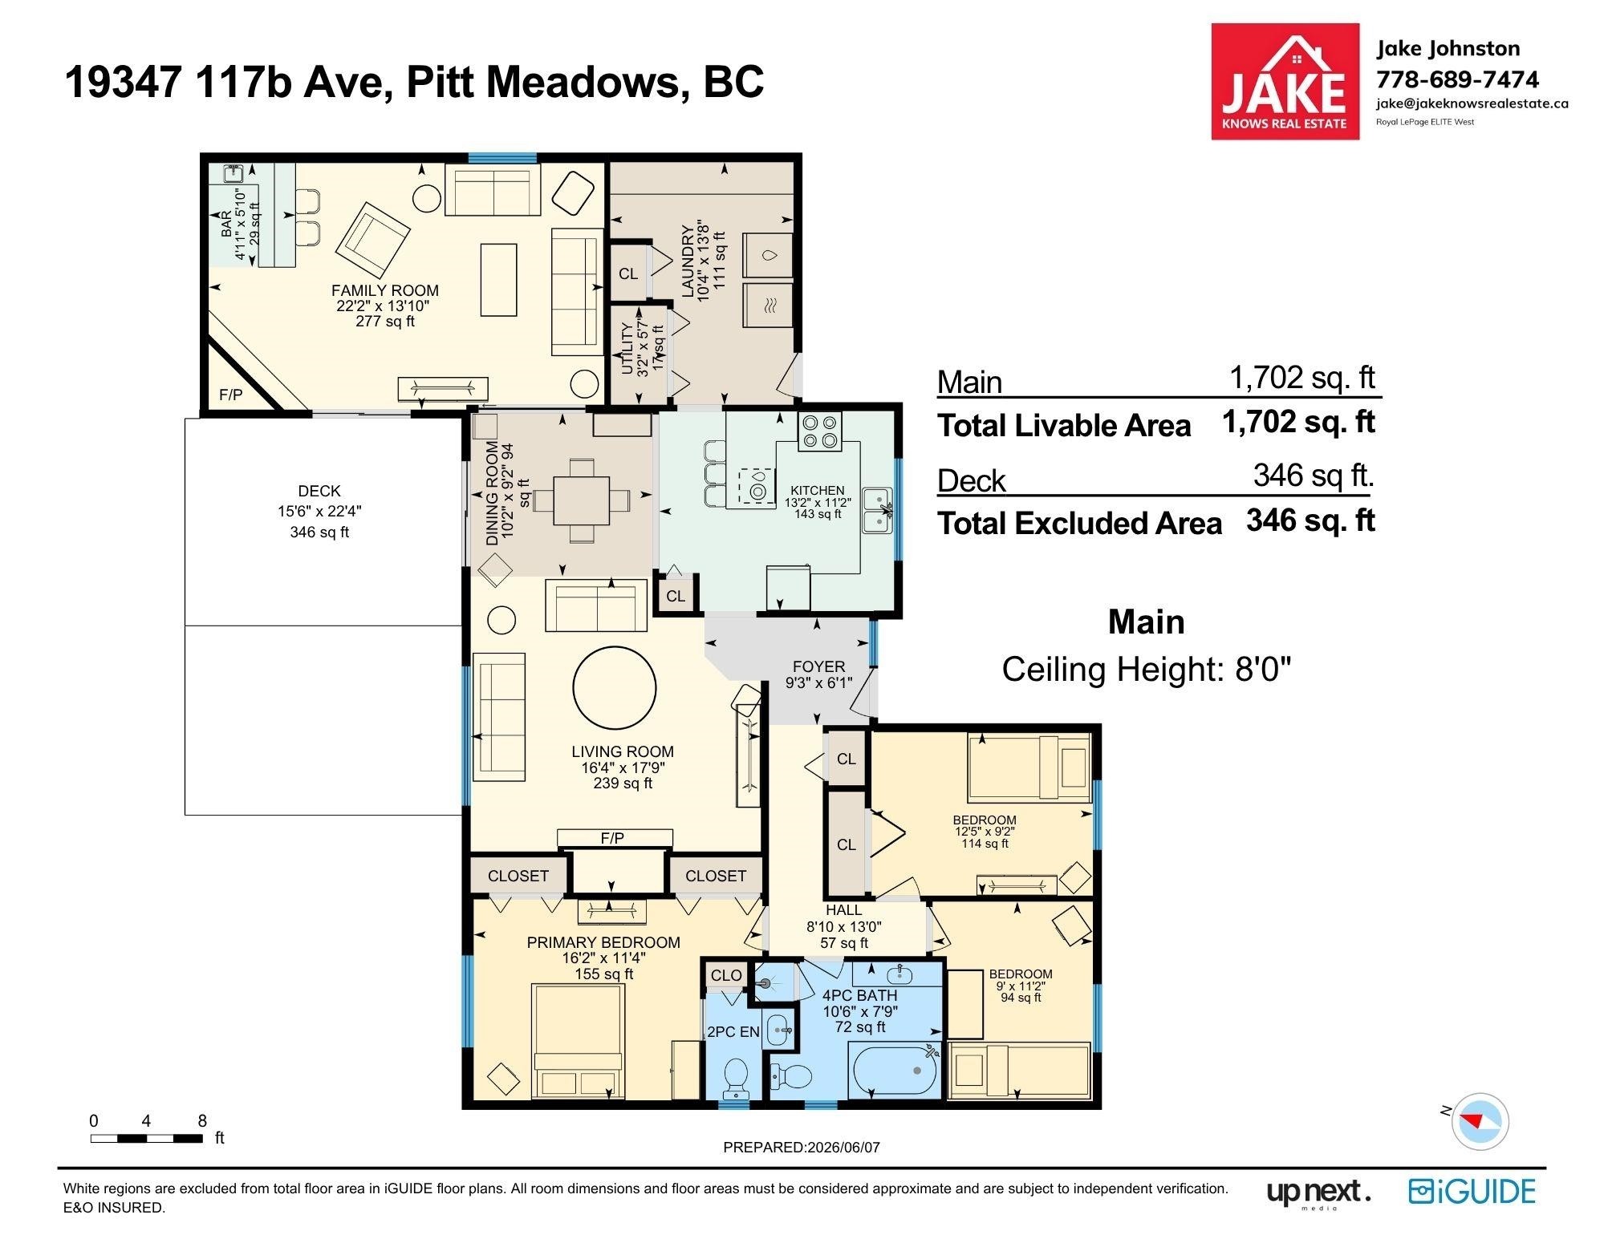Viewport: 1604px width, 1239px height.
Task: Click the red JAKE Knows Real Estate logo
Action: coord(1285,81)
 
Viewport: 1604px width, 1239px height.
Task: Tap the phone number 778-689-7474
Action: coord(1458,79)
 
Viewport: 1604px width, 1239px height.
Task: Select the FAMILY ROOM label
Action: coord(385,290)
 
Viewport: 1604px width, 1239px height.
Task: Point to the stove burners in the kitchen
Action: coord(819,431)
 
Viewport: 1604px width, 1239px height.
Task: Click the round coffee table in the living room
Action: coord(615,686)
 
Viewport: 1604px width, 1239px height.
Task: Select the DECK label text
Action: coord(319,491)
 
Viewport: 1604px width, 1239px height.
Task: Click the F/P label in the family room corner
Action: coord(231,395)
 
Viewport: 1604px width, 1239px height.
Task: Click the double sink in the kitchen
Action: coord(878,510)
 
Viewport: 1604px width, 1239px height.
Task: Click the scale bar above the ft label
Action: coord(146,1137)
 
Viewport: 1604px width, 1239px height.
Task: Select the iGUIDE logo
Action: coord(1472,1192)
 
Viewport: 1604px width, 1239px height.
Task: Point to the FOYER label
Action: coord(818,666)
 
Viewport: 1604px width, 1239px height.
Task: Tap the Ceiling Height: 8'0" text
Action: coord(1147,669)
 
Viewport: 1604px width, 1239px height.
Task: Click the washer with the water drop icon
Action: coord(768,255)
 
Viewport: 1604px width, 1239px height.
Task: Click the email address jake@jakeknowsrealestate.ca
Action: coord(1472,103)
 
